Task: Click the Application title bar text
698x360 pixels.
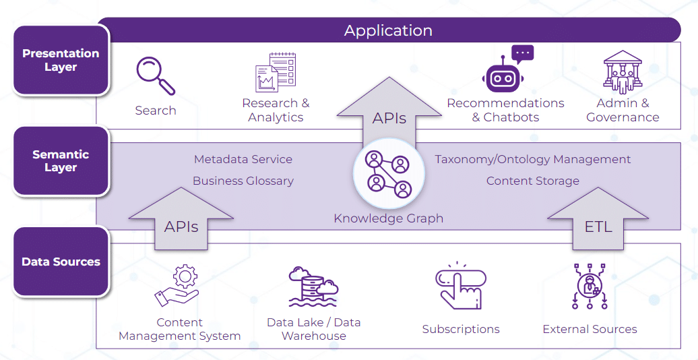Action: tap(388, 30)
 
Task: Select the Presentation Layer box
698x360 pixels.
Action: tap(61, 60)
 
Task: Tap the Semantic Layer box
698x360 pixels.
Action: tap(61, 161)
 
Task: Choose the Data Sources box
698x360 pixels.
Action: tap(61, 262)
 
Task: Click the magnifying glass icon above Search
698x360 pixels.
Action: tap(155, 75)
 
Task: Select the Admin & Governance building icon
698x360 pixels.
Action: tap(622, 71)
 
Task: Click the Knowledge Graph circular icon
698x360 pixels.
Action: tap(387, 174)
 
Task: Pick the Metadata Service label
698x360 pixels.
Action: tap(243, 160)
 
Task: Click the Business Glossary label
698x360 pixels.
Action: tap(243, 181)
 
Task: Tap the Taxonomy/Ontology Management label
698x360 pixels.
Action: tap(532, 160)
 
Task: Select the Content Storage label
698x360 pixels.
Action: tap(532, 181)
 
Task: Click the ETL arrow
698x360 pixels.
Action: tap(598, 219)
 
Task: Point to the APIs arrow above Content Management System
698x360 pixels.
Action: tap(181, 219)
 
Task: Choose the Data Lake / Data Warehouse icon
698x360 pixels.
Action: tap(313, 287)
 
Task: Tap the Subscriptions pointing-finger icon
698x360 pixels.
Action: tap(461, 287)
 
